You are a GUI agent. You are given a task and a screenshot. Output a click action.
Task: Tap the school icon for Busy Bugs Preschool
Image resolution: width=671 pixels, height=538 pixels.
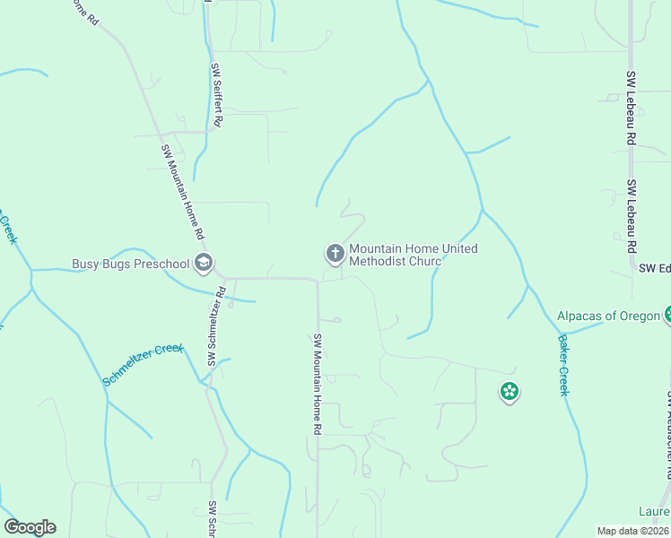point(204,263)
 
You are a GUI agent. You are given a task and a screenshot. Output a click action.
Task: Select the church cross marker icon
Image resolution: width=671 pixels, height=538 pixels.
point(335,255)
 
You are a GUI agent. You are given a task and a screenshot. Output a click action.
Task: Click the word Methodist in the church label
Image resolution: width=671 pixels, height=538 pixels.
point(378,262)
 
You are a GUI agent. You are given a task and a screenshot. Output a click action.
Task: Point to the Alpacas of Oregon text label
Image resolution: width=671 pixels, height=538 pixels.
point(608,316)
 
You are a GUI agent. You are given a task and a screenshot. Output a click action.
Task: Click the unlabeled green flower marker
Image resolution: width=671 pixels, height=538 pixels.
point(510,391)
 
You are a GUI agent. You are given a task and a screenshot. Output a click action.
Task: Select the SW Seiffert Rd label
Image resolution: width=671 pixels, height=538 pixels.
point(217,97)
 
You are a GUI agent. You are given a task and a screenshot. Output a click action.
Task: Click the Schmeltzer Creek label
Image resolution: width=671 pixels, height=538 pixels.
point(143,365)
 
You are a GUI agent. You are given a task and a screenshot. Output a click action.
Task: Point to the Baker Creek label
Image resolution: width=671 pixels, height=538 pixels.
point(564,365)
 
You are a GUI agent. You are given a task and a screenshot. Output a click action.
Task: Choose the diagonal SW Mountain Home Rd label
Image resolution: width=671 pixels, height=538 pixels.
point(182,192)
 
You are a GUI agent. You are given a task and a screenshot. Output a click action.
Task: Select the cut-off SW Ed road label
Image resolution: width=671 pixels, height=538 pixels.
point(654,267)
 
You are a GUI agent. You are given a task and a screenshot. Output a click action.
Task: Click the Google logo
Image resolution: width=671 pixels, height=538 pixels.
point(30,526)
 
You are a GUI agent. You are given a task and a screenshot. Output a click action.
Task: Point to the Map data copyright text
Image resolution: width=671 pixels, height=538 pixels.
point(633,531)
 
